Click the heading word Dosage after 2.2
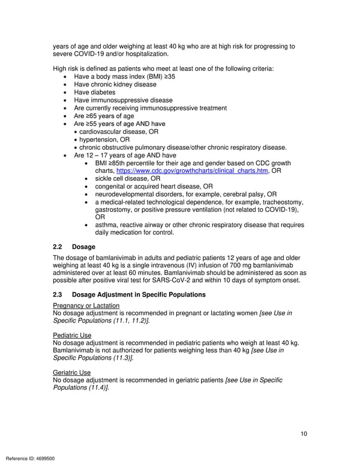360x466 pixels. (x=83, y=247)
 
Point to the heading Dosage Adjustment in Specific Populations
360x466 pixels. (x=139, y=294)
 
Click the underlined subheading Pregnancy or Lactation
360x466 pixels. (x=86, y=306)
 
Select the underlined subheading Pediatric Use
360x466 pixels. (x=73, y=335)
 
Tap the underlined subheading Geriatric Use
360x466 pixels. (x=72, y=372)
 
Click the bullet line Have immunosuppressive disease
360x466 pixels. (x=123, y=100)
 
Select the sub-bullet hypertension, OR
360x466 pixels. (x=104, y=139)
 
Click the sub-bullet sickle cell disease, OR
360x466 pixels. (x=127, y=178)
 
